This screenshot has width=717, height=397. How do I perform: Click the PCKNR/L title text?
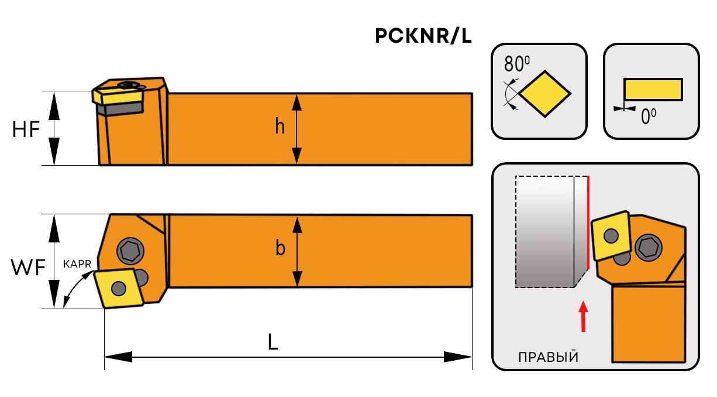click(x=423, y=37)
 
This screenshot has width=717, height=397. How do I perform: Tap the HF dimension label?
click(x=26, y=129)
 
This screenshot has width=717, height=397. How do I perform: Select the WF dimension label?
click(x=27, y=268)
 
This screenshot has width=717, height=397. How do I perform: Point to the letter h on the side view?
click(x=280, y=126)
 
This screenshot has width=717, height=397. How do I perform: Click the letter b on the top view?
click(x=280, y=249)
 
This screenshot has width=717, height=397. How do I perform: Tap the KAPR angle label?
click(x=77, y=264)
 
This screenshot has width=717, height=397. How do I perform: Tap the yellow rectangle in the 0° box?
click(x=653, y=89)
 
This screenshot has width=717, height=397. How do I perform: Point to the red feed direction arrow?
click(x=582, y=316)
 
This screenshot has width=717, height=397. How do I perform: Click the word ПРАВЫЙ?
click(x=547, y=357)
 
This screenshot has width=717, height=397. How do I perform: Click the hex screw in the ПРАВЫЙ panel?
click(x=648, y=247)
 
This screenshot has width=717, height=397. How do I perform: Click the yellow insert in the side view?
click(x=117, y=94)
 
